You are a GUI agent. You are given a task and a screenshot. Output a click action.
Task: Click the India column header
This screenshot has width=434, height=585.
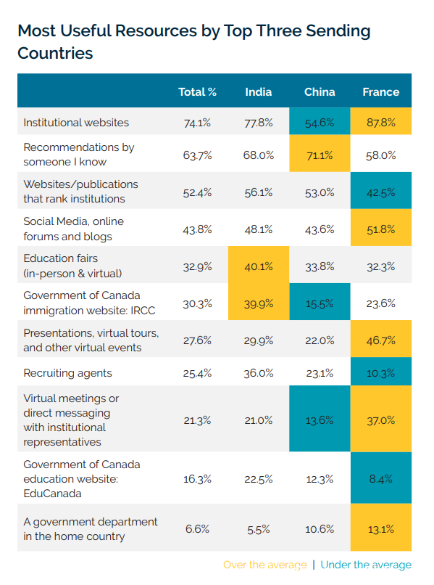point(258,91)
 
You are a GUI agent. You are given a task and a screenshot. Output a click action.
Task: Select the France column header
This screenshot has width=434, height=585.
point(380,91)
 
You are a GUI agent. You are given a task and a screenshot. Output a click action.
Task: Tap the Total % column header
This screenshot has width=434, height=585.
point(197,91)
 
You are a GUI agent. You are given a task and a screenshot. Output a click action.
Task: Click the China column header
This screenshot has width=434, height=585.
point(320,91)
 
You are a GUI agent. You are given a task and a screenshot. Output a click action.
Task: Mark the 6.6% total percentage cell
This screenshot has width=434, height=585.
point(197,528)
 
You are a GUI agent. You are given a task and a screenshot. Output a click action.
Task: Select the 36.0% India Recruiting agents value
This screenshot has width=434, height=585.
point(259,373)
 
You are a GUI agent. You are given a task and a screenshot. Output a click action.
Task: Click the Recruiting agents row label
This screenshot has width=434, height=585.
point(67,373)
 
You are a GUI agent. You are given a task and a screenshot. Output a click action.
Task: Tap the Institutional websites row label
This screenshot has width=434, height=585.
point(76,123)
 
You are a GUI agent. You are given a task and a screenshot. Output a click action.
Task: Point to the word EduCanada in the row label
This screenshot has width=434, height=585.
point(52,494)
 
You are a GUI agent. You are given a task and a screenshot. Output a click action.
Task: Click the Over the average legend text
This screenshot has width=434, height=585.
point(265,565)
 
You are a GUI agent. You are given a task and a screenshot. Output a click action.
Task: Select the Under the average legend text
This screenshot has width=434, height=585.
point(366,565)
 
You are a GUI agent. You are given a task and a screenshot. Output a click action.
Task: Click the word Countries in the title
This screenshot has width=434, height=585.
point(55,53)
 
